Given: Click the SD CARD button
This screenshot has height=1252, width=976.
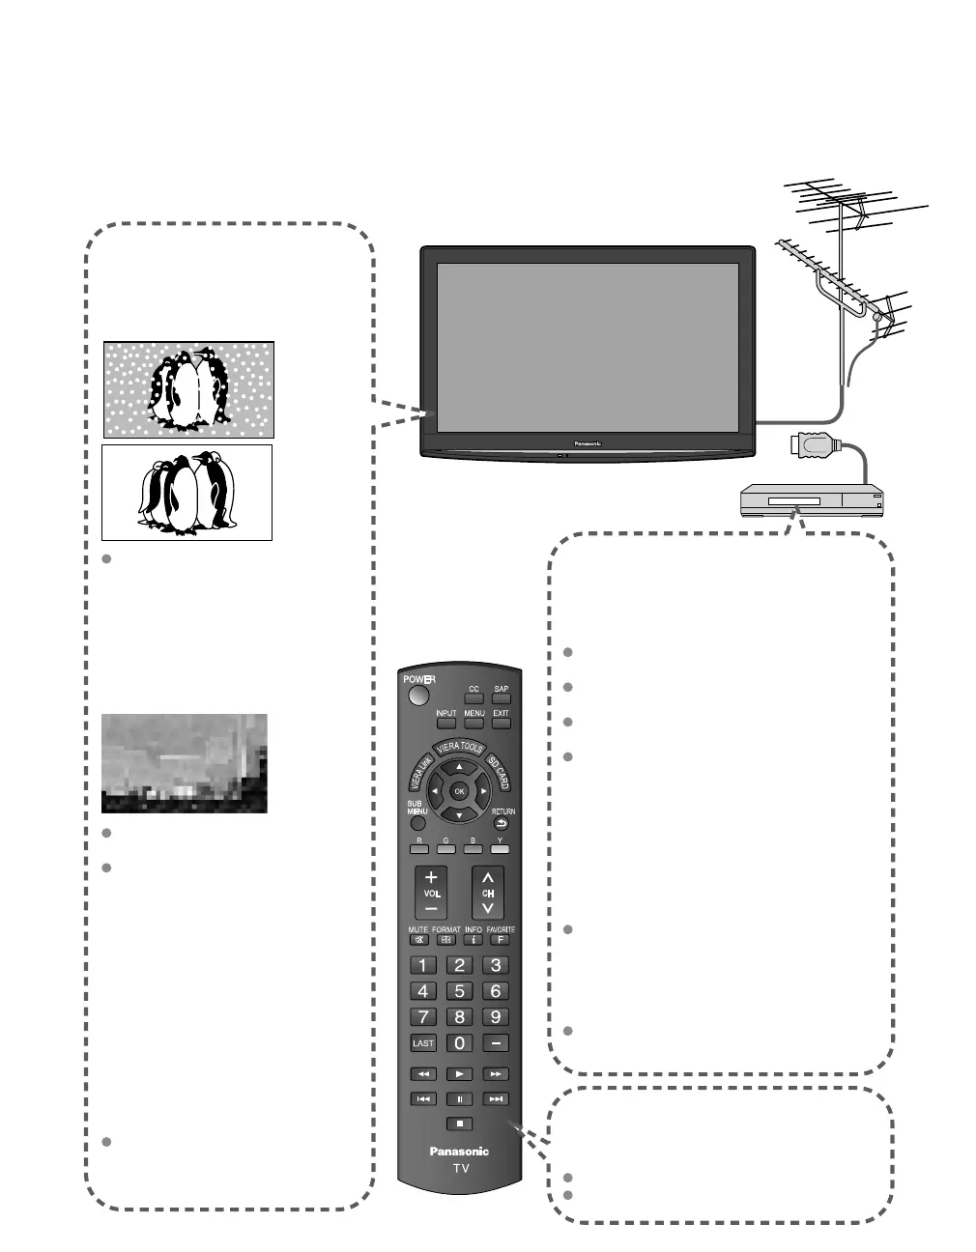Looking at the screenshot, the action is click(497, 772).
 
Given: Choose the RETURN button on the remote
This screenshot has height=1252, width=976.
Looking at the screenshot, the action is click(502, 824).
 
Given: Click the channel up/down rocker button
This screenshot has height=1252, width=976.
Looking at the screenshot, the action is click(488, 893).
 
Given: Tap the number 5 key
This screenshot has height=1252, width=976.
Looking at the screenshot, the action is click(460, 991).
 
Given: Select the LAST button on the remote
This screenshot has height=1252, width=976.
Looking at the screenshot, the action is click(423, 1043).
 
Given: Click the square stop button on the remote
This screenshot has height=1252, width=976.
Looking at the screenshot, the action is click(461, 1124).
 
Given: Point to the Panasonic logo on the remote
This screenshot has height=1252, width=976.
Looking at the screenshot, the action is click(459, 1152).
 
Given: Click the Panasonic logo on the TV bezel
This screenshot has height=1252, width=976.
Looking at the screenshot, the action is click(588, 444).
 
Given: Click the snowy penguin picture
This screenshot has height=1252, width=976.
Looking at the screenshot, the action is click(188, 388).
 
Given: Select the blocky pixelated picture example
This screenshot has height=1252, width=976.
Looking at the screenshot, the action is click(184, 763).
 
